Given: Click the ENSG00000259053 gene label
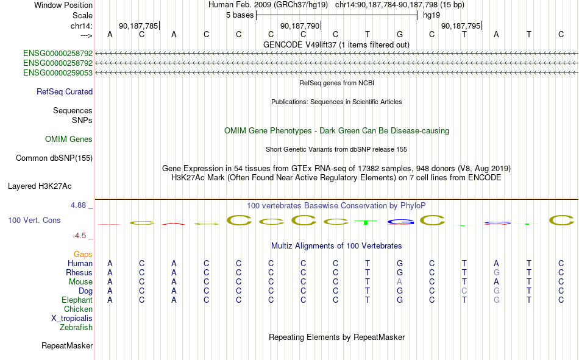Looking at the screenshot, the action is (x=58, y=72).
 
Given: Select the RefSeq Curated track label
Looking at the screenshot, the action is (x=65, y=91).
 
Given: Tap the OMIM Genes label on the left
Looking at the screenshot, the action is (x=69, y=139).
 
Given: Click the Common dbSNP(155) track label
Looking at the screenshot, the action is (x=54, y=158).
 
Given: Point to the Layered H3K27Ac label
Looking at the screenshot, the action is (x=40, y=186).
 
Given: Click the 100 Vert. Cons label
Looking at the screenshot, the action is (x=34, y=220).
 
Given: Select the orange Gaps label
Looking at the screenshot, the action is (x=83, y=254).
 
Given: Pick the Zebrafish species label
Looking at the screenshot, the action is (x=76, y=328).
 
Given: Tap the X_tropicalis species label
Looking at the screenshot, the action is (x=72, y=319).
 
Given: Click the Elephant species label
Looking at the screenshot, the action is (x=77, y=300).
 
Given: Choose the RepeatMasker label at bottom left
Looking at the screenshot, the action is (x=67, y=345).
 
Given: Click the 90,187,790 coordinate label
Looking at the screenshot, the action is (x=300, y=26).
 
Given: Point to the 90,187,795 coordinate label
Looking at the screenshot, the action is (x=461, y=26).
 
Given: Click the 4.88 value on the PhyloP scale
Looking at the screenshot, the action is (x=78, y=205).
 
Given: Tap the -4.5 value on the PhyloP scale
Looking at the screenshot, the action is (x=79, y=236).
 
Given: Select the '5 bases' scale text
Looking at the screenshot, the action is (x=240, y=15).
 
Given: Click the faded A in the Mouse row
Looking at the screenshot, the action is (x=400, y=281).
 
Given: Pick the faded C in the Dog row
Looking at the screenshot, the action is (x=464, y=291).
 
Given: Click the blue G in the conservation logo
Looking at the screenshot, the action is (x=400, y=222).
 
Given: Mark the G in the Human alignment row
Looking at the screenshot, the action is (x=400, y=263).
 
